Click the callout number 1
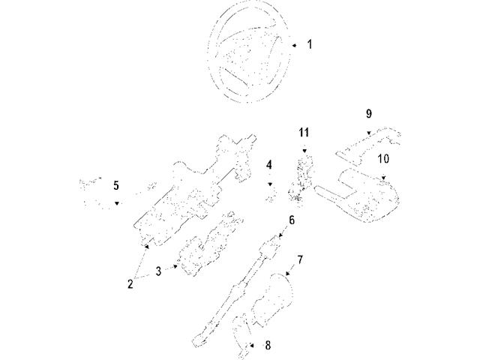tap(310, 44)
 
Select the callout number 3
tap(159, 271)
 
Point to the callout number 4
tap(268, 165)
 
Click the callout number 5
tap(116, 185)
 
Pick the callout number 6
tap(292, 220)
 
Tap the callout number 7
tap(299, 260)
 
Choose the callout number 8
tap(268, 346)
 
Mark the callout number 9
tap(369, 114)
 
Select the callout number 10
tap(383, 159)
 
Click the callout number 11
tap(304, 133)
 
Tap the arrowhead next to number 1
tap(295, 44)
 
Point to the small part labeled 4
tap(271, 194)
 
